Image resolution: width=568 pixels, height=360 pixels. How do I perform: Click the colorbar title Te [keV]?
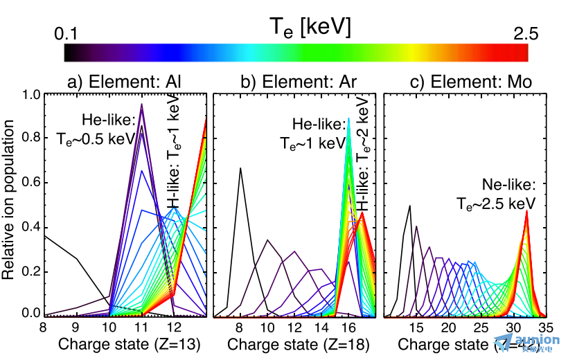(x=310, y=28)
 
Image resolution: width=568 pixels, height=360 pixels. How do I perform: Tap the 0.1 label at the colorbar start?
(x=69, y=33)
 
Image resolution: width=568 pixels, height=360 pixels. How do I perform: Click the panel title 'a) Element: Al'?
(x=125, y=82)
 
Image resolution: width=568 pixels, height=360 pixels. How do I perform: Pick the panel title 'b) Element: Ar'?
(x=294, y=82)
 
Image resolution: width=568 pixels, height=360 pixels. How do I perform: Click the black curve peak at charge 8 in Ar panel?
(x=240, y=168)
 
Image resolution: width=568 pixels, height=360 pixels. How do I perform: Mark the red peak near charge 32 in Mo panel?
(x=527, y=212)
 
